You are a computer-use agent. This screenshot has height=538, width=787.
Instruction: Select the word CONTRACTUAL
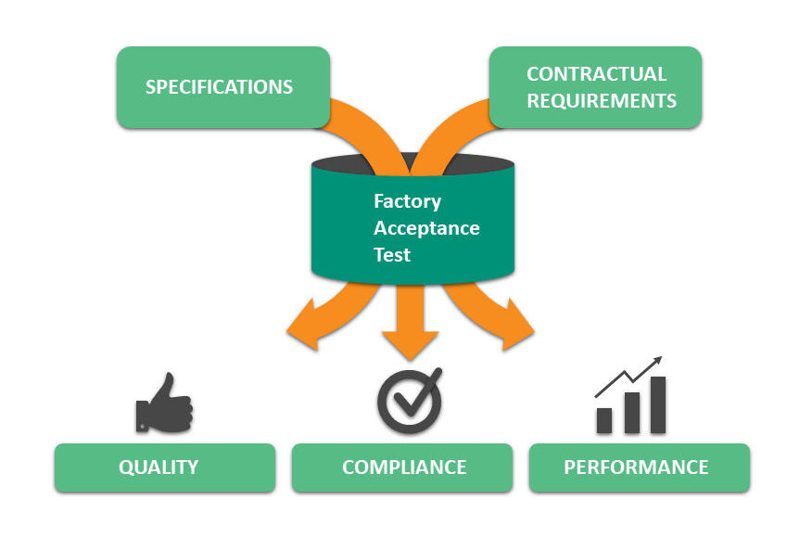(x=596, y=74)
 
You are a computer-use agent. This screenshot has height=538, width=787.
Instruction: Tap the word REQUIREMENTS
(x=601, y=101)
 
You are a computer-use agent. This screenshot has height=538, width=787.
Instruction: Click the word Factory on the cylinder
(x=407, y=201)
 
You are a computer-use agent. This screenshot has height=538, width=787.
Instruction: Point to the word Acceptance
(x=426, y=228)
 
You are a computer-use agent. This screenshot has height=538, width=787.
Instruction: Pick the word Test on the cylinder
(x=391, y=254)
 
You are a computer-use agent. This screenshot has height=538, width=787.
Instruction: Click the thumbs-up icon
(x=164, y=404)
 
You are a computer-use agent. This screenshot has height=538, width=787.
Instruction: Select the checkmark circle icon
(x=408, y=401)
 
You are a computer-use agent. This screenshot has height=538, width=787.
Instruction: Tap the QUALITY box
(x=164, y=467)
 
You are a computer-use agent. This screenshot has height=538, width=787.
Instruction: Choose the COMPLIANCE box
(x=403, y=467)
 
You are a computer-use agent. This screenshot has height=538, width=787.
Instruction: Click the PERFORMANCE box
(x=639, y=467)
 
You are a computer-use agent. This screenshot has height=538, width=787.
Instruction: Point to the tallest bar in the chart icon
(x=657, y=404)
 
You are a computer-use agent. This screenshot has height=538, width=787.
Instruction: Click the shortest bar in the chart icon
(x=604, y=420)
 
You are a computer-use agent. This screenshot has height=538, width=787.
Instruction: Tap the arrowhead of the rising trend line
(x=656, y=360)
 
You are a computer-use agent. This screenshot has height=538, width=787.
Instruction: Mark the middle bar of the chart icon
(x=631, y=412)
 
